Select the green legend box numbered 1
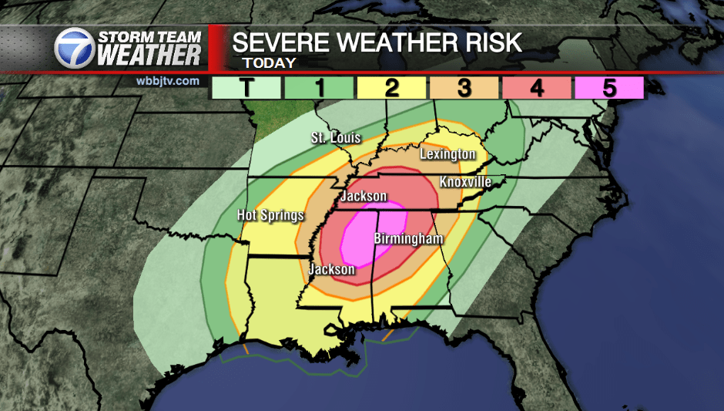pos(319,88)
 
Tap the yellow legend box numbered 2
pos(391,88)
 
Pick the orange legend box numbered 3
pos(464,88)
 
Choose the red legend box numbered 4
pos(536,88)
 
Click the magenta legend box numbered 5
pos(608,88)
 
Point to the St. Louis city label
pos(335,138)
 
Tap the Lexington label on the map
pos(447,154)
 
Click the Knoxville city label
pos(465,182)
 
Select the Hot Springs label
pos(270,215)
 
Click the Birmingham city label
pos(408,239)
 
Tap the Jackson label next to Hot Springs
pos(364,196)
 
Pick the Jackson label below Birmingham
pos(331,269)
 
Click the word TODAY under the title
pos(269,63)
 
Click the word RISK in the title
pos(491,42)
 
